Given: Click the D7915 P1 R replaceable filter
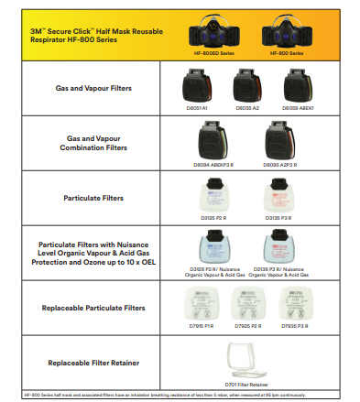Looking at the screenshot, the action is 198,301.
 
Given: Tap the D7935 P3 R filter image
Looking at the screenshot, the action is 293,301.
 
